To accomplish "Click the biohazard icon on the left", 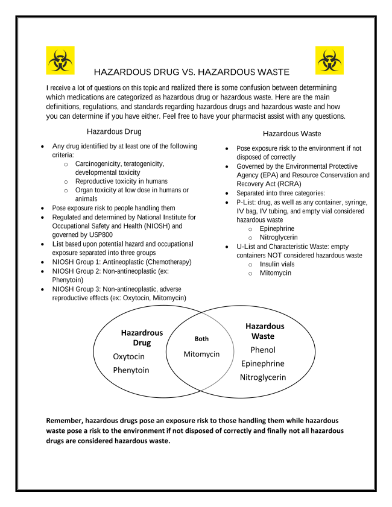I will coord(60,60).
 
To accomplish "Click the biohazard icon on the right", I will coord(329,60).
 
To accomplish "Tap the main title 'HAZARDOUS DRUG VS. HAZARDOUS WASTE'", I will coord(192,72).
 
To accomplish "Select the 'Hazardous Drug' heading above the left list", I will coord(115,131).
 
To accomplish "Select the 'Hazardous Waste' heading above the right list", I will coord(292,133).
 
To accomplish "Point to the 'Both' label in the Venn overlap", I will coord(201,339).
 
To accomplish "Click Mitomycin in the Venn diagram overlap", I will coord(201,354).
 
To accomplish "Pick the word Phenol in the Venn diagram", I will coord(262,350).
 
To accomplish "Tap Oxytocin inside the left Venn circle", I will coord(128,356).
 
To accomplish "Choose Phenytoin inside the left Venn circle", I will coord(131,370).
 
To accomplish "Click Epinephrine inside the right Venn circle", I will coord(262,364).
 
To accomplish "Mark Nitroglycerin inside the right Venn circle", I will coord(262,377).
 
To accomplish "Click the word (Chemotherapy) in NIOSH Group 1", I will coord(168,262).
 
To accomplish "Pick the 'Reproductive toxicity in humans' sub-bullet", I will coord(121,181).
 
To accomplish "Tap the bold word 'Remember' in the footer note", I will coord(65,420).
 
